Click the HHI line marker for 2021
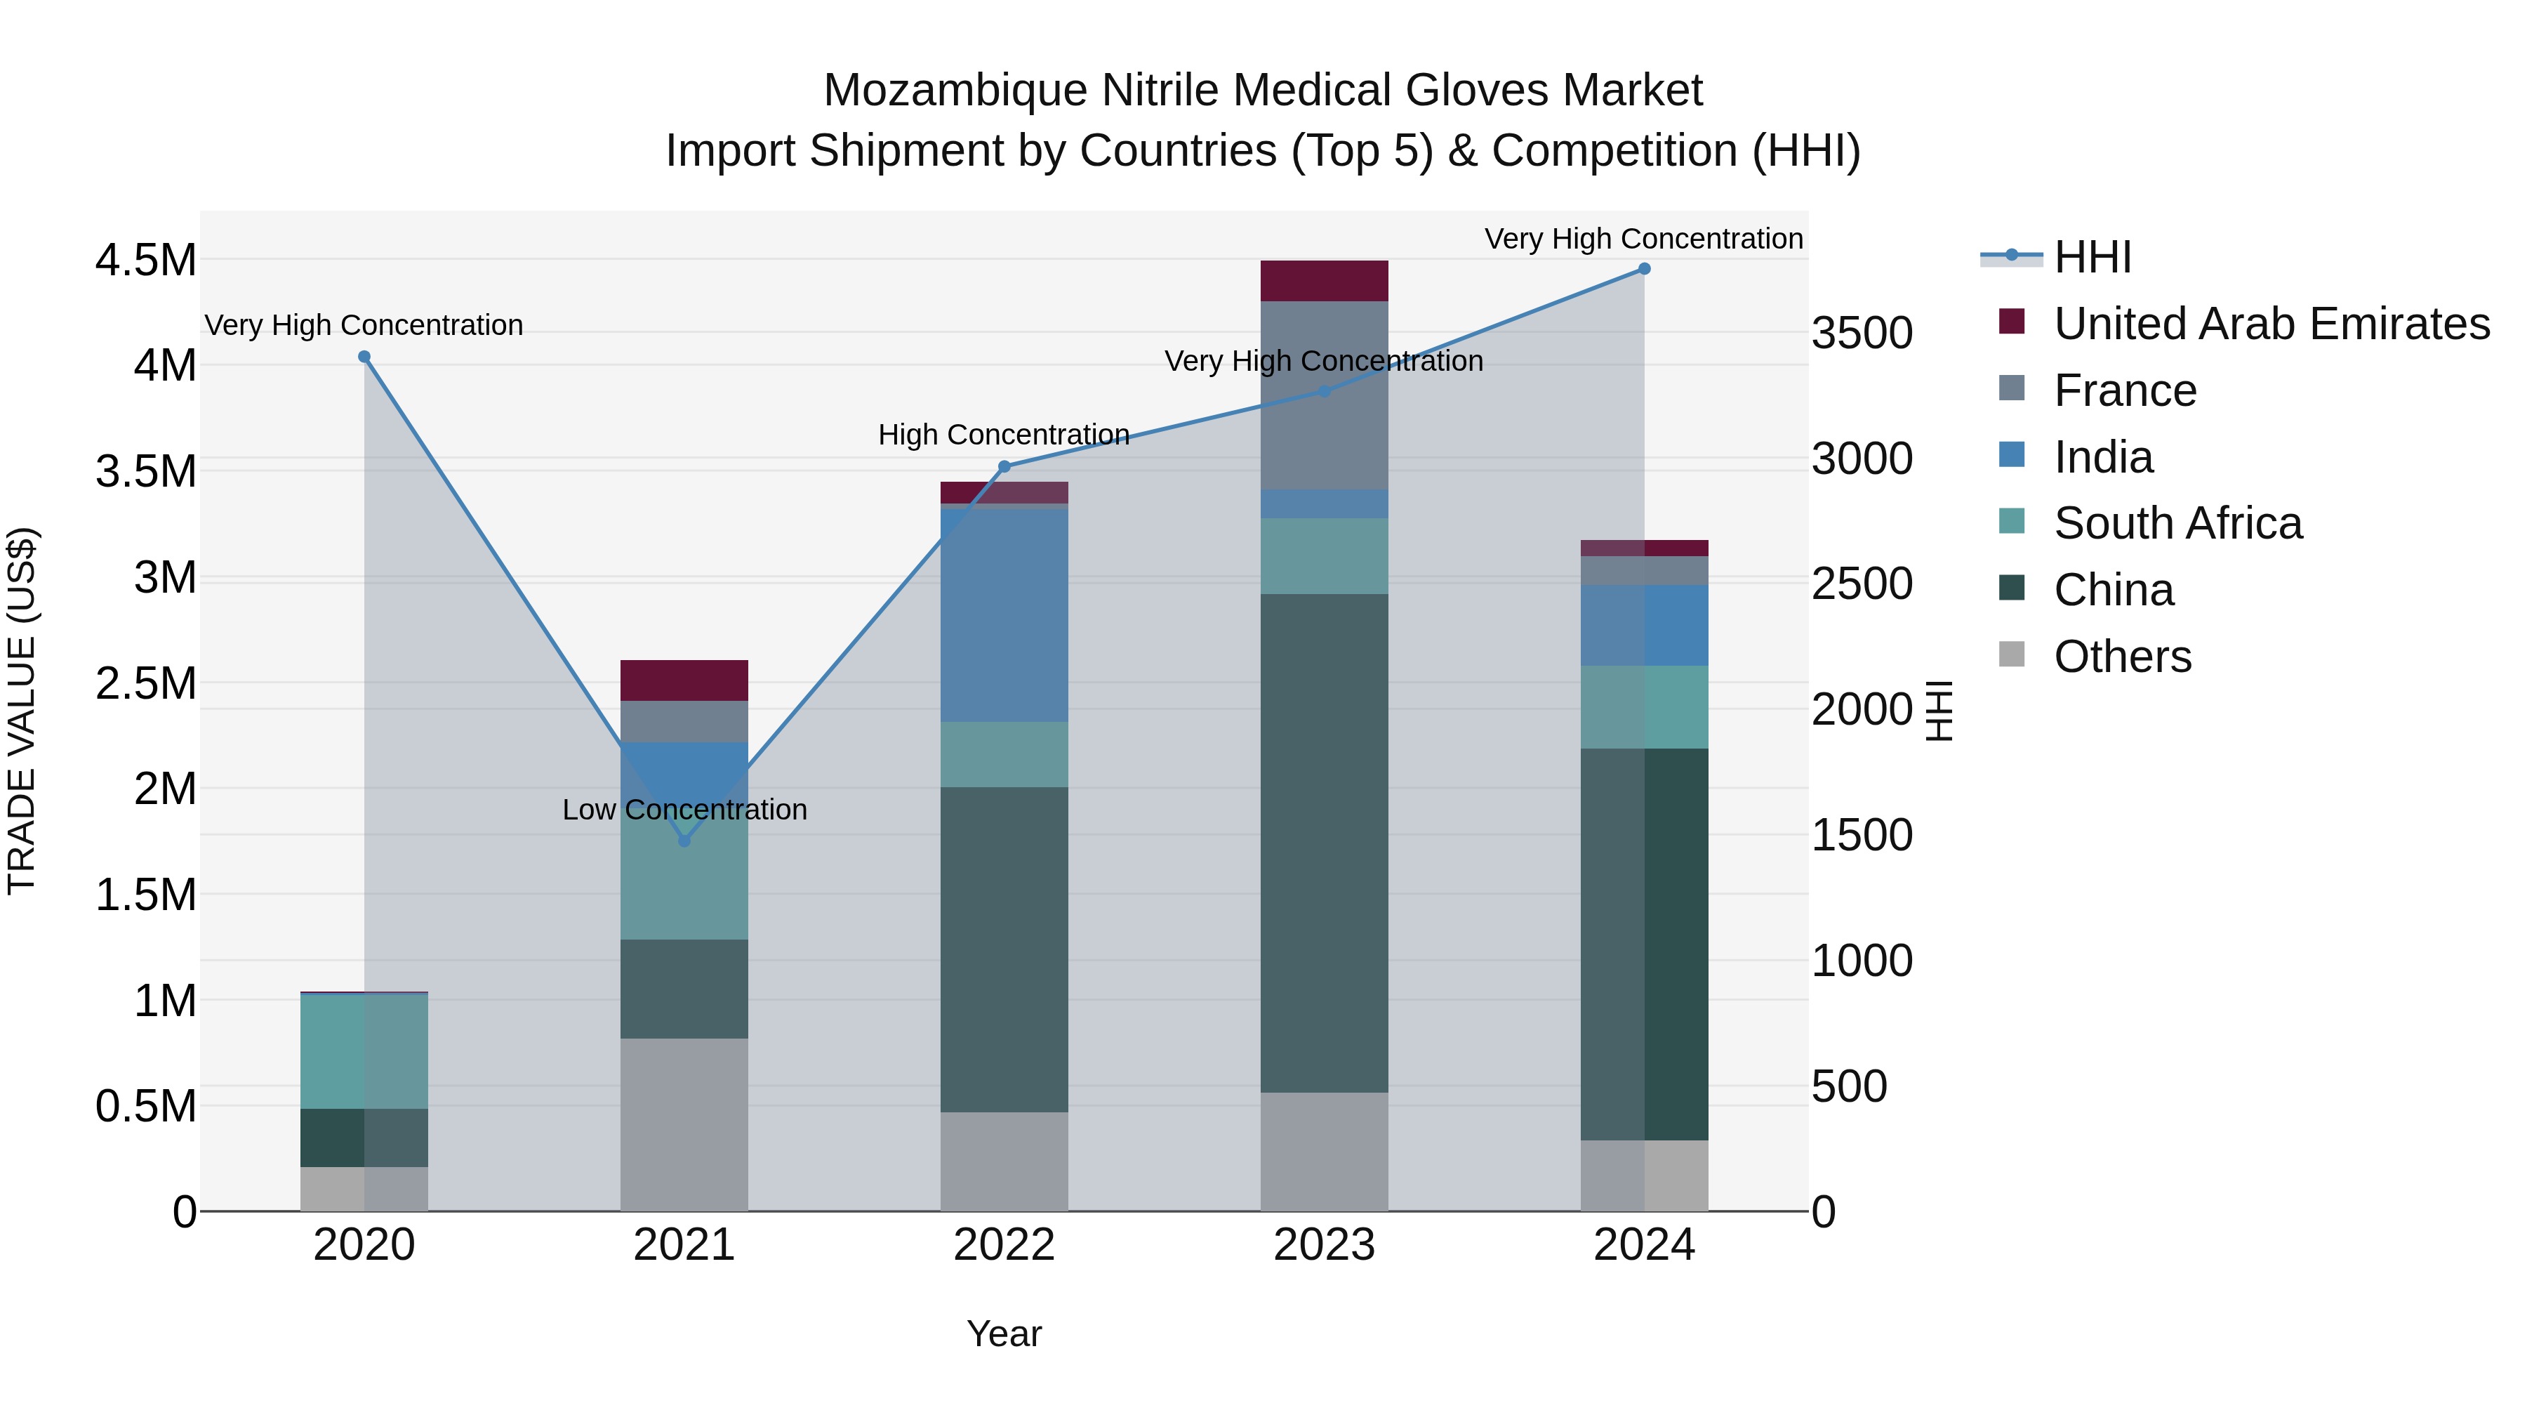[x=684, y=841]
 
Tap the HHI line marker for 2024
[x=1644, y=269]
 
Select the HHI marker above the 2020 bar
[x=364, y=357]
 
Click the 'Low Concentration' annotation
[x=684, y=810]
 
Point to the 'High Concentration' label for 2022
[x=1004, y=435]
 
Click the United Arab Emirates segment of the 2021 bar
[x=684, y=680]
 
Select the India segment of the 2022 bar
[x=1004, y=615]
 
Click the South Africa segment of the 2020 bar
[x=363, y=1051]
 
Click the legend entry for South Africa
[x=2177, y=524]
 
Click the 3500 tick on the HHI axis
[x=1861, y=334]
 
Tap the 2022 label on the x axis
[x=1004, y=1245]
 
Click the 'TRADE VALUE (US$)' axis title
[x=22, y=711]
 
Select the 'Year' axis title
[x=1004, y=1334]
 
